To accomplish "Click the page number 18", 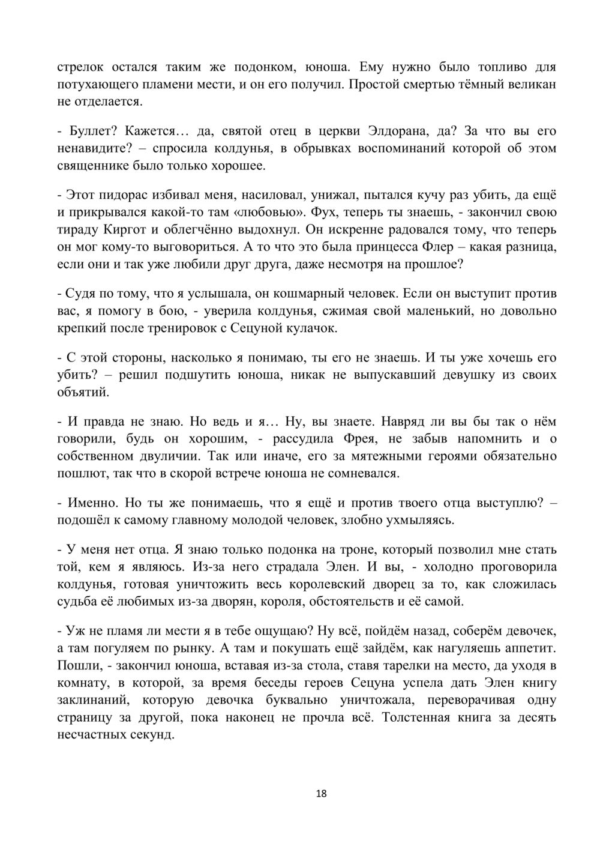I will pos(321,794).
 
